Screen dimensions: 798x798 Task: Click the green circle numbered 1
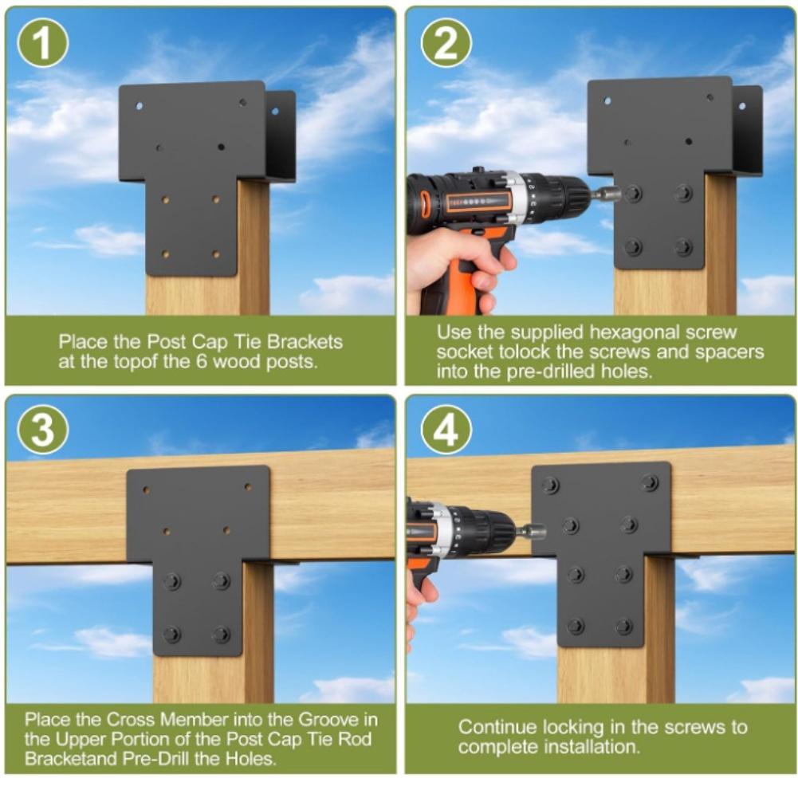click(43, 42)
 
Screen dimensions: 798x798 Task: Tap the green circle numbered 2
click(446, 42)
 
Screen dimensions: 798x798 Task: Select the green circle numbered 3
click(43, 429)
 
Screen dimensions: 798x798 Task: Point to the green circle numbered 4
click(446, 429)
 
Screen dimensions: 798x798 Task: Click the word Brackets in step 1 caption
click(305, 342)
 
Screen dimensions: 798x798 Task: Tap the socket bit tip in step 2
click(617, 193)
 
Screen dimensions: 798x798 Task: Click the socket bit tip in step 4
click(543, 533)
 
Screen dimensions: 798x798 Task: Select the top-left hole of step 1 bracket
click(139, 106)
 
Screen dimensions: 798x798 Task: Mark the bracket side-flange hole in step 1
click(276, 111)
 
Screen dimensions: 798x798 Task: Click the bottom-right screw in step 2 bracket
click(683, 247)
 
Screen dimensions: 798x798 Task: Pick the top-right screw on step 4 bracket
click(650, 482)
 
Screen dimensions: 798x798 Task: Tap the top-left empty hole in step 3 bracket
click(146, 490)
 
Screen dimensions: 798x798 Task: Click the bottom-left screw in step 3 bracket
click(172, 634)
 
